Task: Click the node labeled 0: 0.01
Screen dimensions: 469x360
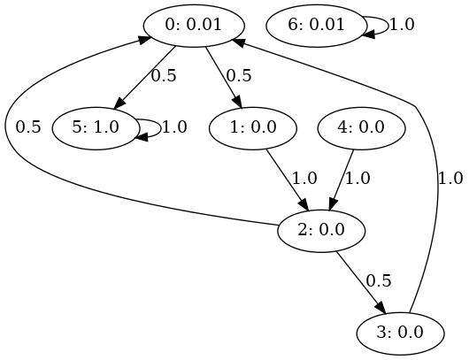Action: click(194, 26)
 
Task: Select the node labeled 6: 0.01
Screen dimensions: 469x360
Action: click(316, 26)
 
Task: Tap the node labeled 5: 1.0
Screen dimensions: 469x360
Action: click(96, 128)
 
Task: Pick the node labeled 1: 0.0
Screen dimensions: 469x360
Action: click(253, 128)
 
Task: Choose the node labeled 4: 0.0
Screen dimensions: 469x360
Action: click(361, 128)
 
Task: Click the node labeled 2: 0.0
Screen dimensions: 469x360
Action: click(321, 231)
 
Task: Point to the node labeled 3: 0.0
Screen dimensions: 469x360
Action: click(400, 333)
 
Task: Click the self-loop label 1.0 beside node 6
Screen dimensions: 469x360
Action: click(402, 25)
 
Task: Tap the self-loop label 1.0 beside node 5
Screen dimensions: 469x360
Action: click(174, 127)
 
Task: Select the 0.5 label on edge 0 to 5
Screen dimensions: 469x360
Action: click(164, 76)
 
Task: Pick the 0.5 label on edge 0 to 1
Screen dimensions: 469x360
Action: click(239, 76)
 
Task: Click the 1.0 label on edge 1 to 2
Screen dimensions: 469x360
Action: click(304, 179)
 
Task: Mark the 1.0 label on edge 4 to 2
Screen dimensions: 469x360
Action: click(358, 179)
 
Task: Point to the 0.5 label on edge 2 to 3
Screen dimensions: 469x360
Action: click(379, 281)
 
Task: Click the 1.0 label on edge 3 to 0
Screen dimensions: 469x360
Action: click(450, 179)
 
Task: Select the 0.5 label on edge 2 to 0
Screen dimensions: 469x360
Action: click(28, 127)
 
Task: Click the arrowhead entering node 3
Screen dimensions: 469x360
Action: click(381, 309)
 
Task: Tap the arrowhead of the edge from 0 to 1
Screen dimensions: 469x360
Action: click(237, 102)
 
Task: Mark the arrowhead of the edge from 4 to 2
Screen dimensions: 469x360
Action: click(333, 205)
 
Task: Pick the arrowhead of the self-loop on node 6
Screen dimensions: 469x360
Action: click(368, 34)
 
